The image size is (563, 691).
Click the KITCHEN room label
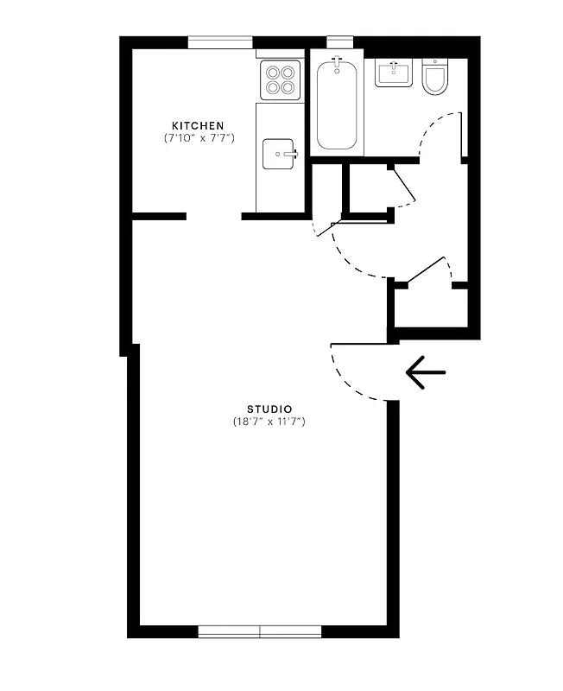(198, 125)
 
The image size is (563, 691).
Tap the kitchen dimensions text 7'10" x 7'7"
(199, 138)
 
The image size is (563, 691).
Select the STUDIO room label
(269, 409)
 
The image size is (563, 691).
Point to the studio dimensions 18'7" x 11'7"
(269, 422)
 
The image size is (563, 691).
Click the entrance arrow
(425, 373)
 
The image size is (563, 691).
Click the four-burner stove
(280, 79)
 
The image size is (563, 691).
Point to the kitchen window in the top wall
(220, 41)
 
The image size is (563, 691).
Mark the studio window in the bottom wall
(260, 631)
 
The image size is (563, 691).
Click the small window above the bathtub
(339, 40)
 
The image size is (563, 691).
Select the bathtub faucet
(337, 64)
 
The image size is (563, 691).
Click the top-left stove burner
(272, 73)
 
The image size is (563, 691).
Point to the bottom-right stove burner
(288, 87)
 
